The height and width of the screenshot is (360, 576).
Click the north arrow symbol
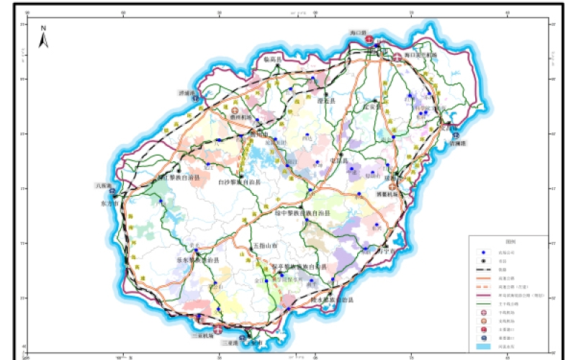click(x=43, y=37)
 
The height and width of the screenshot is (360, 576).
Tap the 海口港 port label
click(x=359, y=33)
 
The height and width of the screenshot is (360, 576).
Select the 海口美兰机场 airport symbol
click(x=397, y=55)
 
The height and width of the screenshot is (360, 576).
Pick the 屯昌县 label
click(x=338, y=161)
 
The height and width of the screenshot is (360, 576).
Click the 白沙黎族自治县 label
click(x=240, y=183)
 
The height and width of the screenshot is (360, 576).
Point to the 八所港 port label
click(x=104, y=185)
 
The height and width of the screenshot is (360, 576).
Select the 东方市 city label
click(x=109, y=203)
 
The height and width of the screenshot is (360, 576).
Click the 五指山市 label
click(x=264, y=246)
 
